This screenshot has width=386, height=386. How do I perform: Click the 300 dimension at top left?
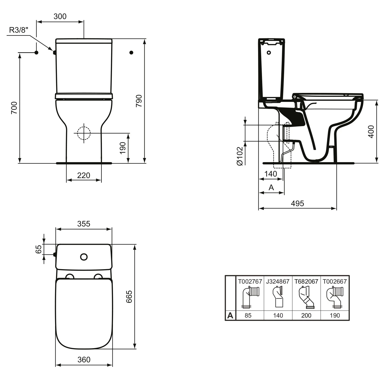coord(60,16)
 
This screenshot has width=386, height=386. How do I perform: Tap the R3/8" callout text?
coord(18,30)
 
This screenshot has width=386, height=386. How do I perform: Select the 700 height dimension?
coord(14,108)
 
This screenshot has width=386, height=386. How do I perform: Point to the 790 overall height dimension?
coord(139,101)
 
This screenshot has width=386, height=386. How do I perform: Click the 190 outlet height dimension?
coord(123,148)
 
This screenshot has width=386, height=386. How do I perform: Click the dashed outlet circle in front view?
coord(84,133)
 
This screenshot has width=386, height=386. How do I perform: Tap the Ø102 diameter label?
coord(240,156)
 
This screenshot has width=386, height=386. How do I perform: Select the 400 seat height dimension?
coord(371,131)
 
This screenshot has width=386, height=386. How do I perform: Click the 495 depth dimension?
coord(297,203)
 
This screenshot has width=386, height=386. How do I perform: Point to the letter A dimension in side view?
coord(271,188)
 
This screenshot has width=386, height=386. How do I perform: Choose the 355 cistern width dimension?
coord(84,224)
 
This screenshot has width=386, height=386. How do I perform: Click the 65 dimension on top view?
coord(38,249)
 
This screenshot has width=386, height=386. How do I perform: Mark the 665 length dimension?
coord(129,296)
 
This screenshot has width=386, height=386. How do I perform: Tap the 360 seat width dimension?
coord(84,359)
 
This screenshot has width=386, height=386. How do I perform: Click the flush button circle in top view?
coord(84,257)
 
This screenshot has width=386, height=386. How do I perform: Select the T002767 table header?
coord(250,281)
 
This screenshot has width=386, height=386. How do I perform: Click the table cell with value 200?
coord(306,315)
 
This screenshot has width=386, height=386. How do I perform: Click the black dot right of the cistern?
coord(131,52)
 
